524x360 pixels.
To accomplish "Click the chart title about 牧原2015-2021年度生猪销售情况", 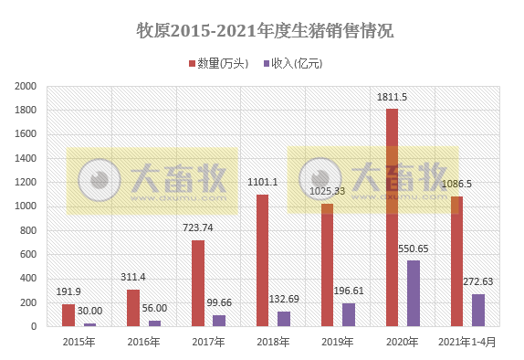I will (x=263, y=29).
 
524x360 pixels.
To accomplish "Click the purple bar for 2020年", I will (x=414, y=293).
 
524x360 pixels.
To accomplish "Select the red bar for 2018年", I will (x=263, y=260).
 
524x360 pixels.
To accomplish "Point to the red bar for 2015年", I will (x=68, y=315).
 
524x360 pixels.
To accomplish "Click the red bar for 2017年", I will (x=198, y=283).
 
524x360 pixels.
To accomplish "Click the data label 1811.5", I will (x=393, y=97).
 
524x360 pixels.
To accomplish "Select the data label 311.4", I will (x=134, y=277).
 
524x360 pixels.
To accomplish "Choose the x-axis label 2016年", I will (x=143, y=342).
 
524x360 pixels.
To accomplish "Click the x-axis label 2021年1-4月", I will (x=466, y=342).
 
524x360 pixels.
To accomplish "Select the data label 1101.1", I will (x=263, y=182).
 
